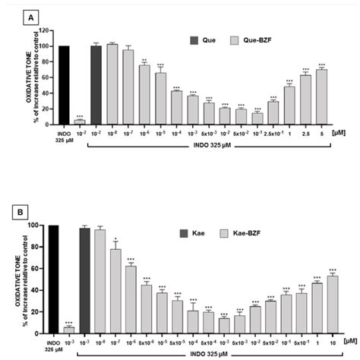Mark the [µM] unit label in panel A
tap(339, 131)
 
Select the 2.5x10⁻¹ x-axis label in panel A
tap(273, 132)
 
